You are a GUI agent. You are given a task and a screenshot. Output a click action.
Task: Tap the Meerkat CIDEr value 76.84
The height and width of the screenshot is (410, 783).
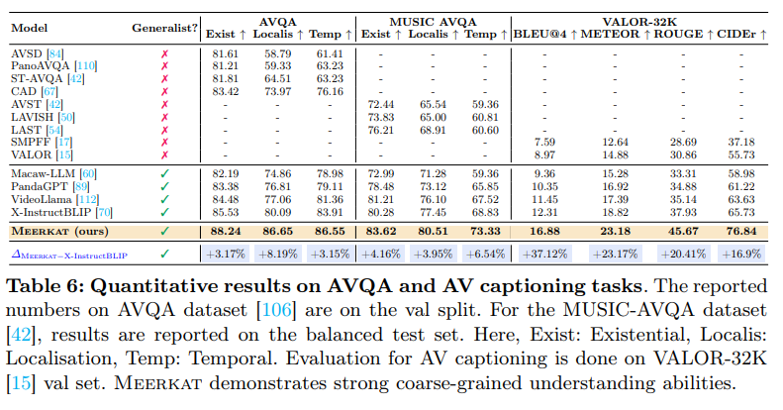[741, 232]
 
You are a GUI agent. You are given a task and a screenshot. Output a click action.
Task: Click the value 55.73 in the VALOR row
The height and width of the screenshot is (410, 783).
[741, 155]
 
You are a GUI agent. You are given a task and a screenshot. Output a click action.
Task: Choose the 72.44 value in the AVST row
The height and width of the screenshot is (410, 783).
[380, 104]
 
